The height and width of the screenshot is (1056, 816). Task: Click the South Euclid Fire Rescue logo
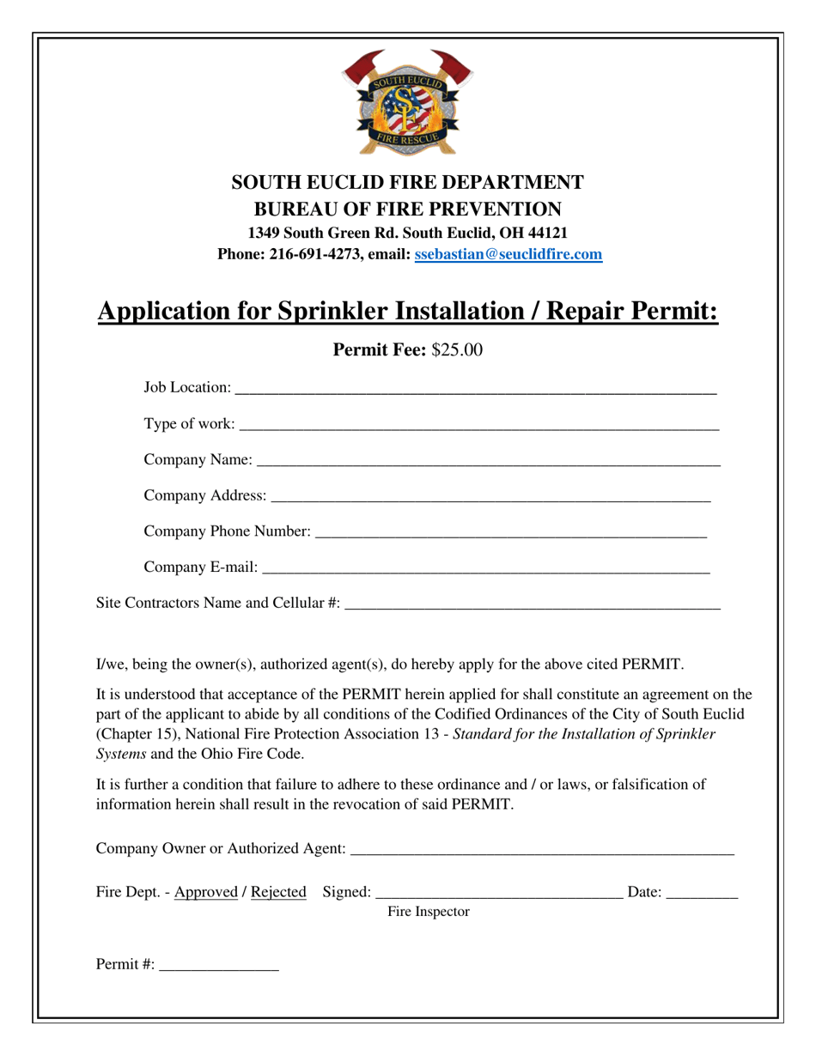pyautogui.click(x=407, y=102)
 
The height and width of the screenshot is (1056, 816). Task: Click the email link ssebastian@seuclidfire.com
pyautogui.click(x=508, y=254)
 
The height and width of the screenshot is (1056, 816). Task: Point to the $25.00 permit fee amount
pyautogui.click(x=457, y=349)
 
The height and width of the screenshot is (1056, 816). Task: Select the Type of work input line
pyautogui.click(x=478, y=426)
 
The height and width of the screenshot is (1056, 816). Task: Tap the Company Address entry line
pyautogui.click(x=490, y=497)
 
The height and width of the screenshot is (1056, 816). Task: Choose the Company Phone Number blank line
pyautogui.click(x=511, y=533)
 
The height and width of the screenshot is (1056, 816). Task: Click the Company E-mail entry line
pyautogui.click(x=486, y=569)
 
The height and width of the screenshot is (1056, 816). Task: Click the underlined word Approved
pyautogui.click(x=205, y=892)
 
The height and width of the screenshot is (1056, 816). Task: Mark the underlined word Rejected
pyautogui.click(x=278, y=892)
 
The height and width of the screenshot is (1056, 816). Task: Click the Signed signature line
pyautogui.click(x=499, y=894)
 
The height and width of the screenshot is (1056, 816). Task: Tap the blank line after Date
pyautogui.click(x=702, y=894)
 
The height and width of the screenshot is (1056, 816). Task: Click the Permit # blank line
pyautogui.click(x=219, y=967)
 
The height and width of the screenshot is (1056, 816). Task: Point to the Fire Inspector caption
pyautogui.click(x=429, y=912)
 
